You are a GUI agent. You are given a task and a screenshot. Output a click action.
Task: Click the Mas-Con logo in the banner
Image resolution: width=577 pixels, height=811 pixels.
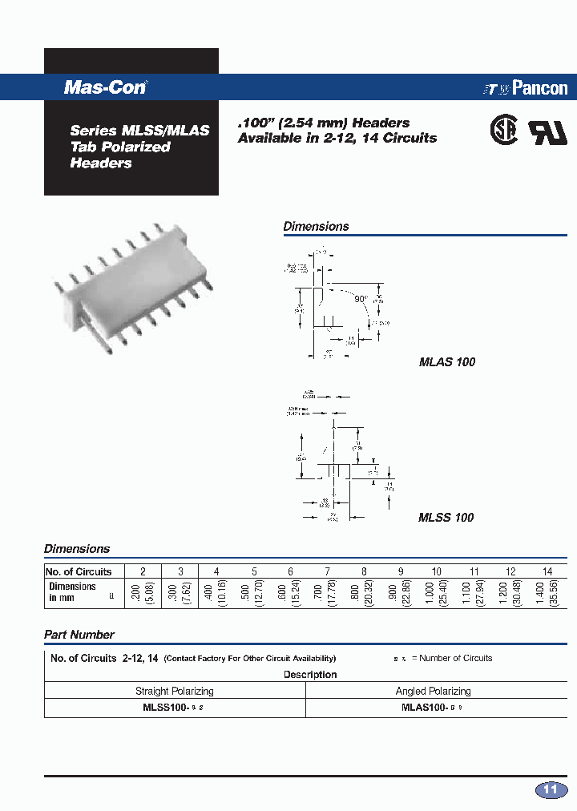105,88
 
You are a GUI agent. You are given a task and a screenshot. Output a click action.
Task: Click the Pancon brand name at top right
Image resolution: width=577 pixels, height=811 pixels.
539,88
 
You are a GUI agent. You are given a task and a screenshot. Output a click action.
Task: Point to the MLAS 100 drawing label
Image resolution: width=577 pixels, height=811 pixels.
447,362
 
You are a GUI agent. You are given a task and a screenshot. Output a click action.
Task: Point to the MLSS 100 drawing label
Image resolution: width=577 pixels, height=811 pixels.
446,518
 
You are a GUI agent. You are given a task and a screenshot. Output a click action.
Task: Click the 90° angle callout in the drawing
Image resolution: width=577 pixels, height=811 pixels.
361,298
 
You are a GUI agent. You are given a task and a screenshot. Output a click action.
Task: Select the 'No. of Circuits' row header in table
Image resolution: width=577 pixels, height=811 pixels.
79,571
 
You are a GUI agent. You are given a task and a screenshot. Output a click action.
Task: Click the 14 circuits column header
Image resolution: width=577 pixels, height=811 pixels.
547,571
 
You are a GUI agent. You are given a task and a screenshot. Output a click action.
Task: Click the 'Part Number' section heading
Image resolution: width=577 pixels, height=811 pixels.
79,635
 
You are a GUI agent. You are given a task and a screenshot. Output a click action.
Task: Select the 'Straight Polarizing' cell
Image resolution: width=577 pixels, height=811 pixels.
175,691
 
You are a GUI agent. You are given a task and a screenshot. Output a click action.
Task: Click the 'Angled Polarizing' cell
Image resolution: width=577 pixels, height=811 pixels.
434,691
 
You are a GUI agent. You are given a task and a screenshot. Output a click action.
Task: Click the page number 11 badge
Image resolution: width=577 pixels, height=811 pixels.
551,790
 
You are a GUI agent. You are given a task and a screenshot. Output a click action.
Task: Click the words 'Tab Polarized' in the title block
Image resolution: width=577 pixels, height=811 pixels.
120,147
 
